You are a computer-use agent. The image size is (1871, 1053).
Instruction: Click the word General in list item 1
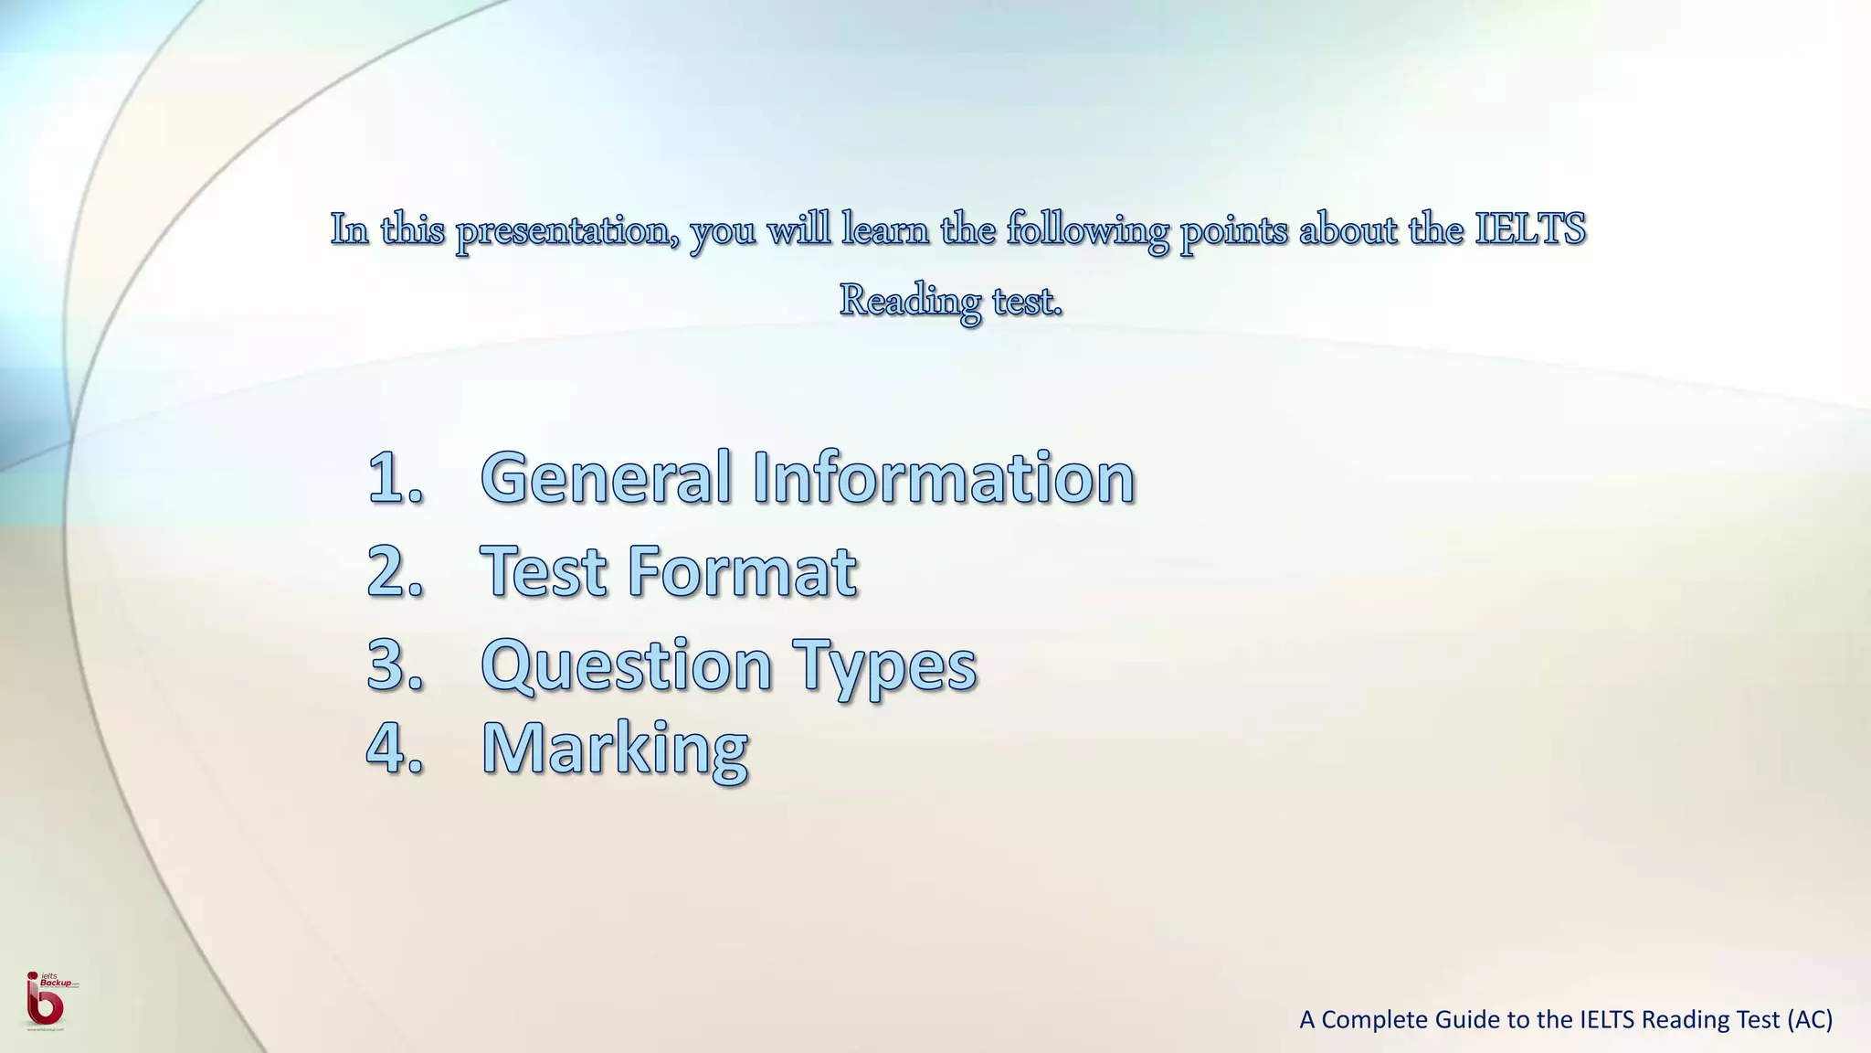[x=605, y=477]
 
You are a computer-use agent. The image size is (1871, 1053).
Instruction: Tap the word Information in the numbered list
[x=944, y=477]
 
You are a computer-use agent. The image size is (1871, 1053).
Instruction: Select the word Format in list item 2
[x=742, y=571]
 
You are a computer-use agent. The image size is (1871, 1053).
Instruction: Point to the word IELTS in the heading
[x=1530, y=229]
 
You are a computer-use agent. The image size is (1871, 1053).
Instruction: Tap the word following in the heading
[x=1087, y=230]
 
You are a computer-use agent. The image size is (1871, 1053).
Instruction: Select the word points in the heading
[x=1234, y=230]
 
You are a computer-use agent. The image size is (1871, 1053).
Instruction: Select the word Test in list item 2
[x=544, y=571]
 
